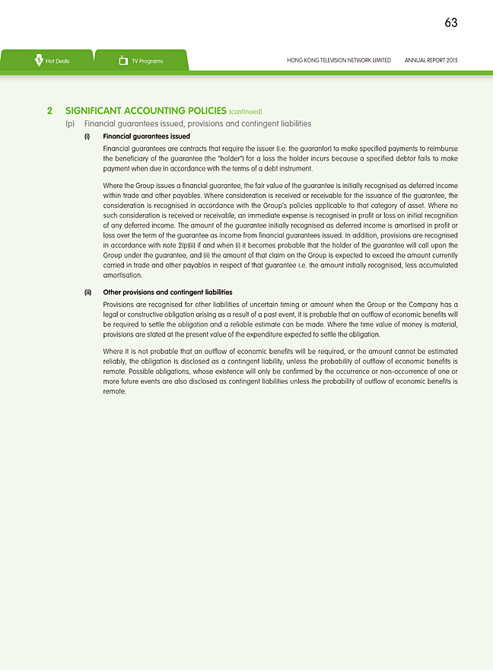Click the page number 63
click(450, 23)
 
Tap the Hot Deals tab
click(56, 61)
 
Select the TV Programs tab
click(147, 61)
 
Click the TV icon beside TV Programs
click(123, 61)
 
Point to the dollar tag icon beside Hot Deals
click(38, 61)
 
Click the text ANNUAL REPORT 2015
click(431, 61)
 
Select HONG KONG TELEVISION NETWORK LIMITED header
click(339, 61)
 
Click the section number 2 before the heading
click(49, 110)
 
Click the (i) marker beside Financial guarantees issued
click(87, 136)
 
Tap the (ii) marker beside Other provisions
click(87, 292)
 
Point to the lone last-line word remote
click(113, 391)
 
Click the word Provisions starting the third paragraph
click(119, 305)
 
